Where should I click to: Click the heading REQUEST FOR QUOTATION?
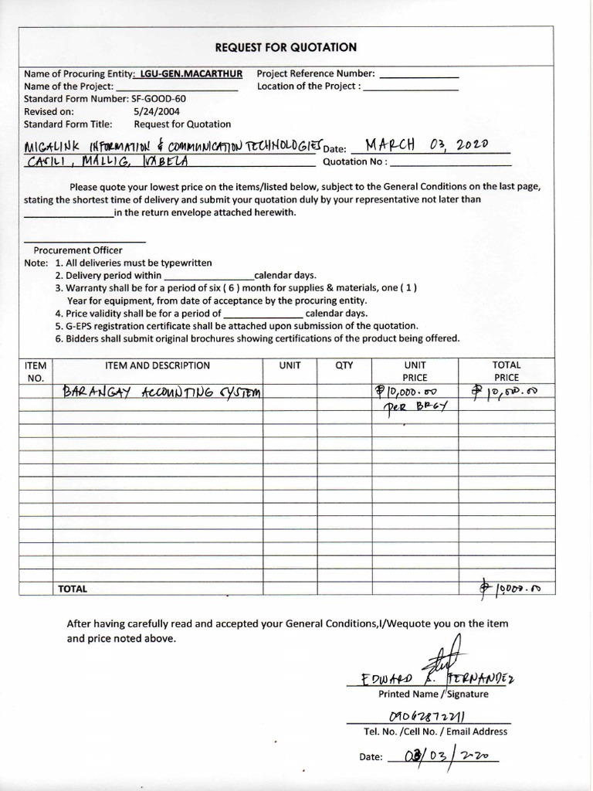tap(286, 47)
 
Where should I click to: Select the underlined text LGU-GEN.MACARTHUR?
tap(190, 73)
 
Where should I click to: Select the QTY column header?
tap(344, 365)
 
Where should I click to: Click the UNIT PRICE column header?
tap(415, 372)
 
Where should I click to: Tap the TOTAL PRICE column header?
tap(507, 372)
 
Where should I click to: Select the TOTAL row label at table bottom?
tap(73, 589)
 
